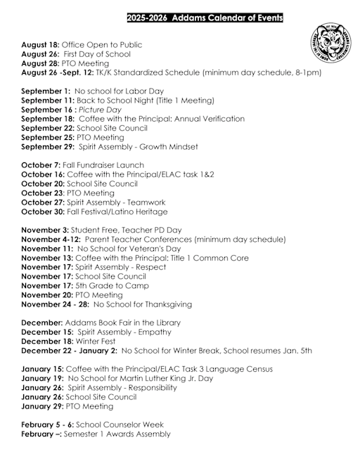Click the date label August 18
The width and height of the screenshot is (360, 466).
42,44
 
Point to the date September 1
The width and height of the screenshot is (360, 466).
46,91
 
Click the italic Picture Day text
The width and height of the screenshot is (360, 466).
100,110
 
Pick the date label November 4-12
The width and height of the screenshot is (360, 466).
51,239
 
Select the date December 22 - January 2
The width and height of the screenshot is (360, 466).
69,350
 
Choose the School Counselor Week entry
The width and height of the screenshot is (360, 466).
123,425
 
